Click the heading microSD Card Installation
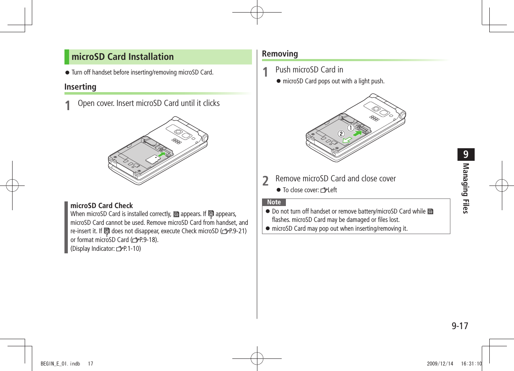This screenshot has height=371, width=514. tap(122, 57)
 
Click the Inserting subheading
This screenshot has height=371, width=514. tap(80, 87)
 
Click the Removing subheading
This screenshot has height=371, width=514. tap(280, 54)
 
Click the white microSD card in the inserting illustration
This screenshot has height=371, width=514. tap(152, 159)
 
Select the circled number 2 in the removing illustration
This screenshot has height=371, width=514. tap(341, 134)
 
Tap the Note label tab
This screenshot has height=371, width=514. tap(274, 202)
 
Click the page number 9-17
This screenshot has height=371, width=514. tap(460, 325)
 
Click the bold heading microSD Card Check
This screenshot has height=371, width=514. tap(101, 206)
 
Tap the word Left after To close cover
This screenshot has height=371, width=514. tap(332, 190)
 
